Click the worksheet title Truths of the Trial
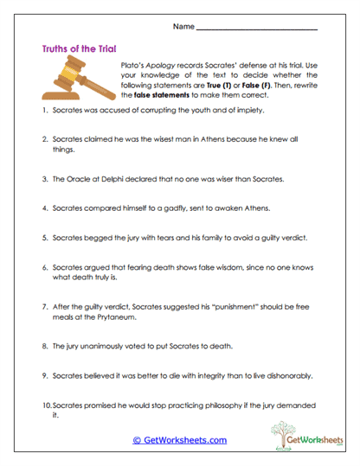79,49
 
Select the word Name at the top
183,26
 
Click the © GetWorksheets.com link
179,440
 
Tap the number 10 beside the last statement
47,405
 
